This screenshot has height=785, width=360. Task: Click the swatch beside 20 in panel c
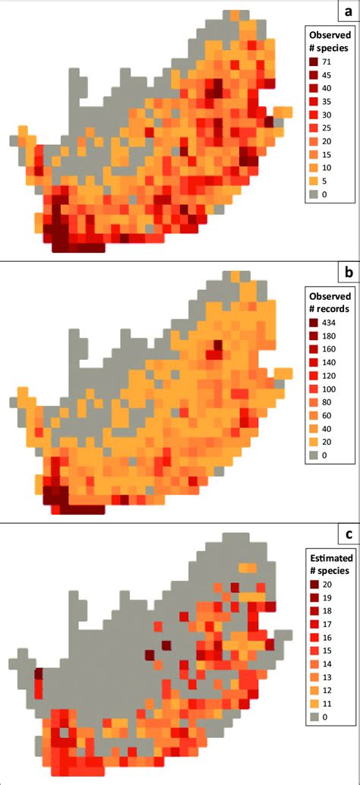click(315, 585)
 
